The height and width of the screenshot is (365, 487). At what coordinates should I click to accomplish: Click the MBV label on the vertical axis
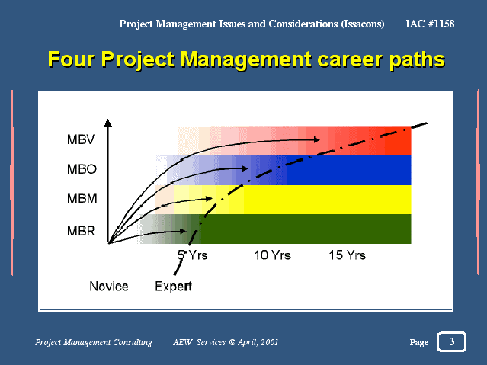tap(81, 139)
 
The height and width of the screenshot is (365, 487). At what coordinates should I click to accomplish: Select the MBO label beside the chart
tap(82, 169)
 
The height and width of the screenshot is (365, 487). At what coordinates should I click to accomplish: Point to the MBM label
tap(82, 198)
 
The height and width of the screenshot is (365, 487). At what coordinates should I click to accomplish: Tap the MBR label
tap(81, 231)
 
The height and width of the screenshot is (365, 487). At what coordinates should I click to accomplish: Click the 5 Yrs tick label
tap(192, 255)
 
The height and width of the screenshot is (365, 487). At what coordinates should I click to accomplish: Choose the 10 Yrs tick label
tap(272, 255)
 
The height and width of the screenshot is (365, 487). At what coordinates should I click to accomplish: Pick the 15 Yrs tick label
tap(348, 255)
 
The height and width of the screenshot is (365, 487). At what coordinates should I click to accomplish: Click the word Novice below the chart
tap(109, 286)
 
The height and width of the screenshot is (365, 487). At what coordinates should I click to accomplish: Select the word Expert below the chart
tap(173, 287)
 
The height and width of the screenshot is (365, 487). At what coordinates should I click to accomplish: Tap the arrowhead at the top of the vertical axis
tap(107, 123)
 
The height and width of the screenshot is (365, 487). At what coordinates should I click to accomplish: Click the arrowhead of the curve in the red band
tap(316, 139)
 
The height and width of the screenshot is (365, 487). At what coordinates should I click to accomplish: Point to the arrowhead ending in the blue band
tap(245, 168)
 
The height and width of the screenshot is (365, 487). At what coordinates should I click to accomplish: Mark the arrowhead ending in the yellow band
tap(209, 198)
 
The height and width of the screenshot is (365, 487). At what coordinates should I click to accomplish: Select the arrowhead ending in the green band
tap(183, 231)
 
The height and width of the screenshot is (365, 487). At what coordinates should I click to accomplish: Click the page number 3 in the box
tap(452, 341)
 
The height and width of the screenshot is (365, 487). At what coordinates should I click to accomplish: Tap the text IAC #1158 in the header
tap(430, 24)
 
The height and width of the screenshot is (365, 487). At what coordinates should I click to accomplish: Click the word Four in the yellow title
tap(71, 59)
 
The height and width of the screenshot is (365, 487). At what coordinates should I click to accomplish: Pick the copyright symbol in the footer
tap(232, 342)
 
